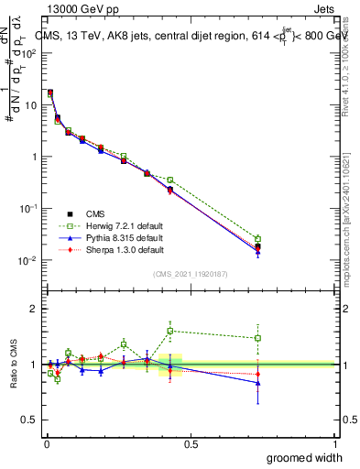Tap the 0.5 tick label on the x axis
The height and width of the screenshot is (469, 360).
pyautogui.click(x=190, y=443)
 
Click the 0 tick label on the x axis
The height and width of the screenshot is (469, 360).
pyautogui.click(x=46, y=443)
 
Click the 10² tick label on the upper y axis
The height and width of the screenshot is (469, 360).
pyautogui.click(x=27, y=53)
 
